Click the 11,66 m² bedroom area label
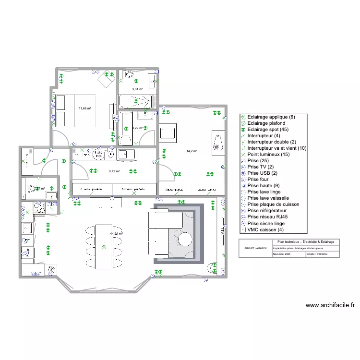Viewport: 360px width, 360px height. point(85,108)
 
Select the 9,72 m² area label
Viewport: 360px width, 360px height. point(114,171)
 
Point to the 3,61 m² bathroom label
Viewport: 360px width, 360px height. point(138,89)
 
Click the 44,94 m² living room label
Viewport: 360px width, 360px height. point(116,234)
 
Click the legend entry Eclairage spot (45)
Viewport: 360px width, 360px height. point(271,130)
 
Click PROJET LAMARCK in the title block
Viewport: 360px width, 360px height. point(255,248)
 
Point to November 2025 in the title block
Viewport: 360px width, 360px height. point(282,254)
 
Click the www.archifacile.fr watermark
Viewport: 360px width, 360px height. point(330,305)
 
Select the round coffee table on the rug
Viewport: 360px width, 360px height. point(185,239)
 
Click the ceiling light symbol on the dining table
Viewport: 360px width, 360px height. point(105,247)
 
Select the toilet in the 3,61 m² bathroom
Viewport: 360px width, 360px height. point(128,75)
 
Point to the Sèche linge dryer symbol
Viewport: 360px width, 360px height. point(98,154)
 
